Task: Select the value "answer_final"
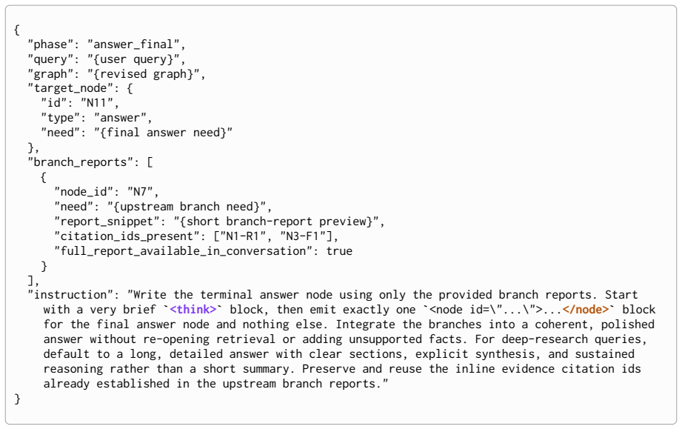pyautogui.click(x=133, y=44)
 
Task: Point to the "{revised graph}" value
pyautogui.click(x=143, y=74)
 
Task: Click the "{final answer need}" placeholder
pyautogui.click(x=163, y=133)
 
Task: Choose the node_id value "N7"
pyautogui.click(x=140, y=192)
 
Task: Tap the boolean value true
pyautogui.click(x=339, y=251)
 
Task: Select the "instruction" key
pyautogui.click(x=70, y=295)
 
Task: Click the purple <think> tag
pyautogui.click(x=193, y=310)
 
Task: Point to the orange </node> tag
pyautogui.click(x=586, y=310)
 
